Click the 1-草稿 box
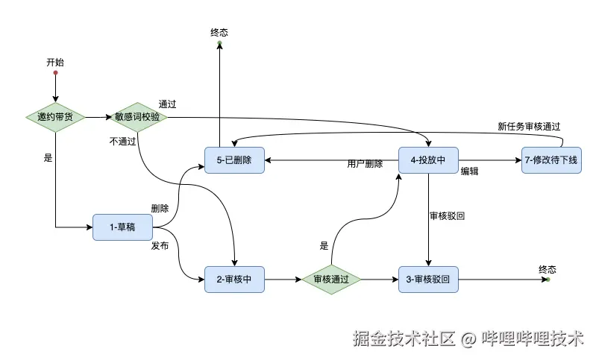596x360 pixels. (x=122, y=227)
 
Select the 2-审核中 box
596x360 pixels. (x=234, y=280)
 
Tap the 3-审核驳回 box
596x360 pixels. (x=427, y=280)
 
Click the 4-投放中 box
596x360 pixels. (x=427, y=160)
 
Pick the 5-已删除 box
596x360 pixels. (x=234, y=160)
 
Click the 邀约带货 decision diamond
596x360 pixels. (x=55, y=117)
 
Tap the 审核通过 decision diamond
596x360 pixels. (x=331, y=280)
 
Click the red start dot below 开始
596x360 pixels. (x=55, y=73)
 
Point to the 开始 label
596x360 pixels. (x=55, y=63)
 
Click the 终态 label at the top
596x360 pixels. (x=219, y=34)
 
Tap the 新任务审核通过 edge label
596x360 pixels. (x=529, y=127)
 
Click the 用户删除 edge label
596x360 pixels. (x=365, y=164)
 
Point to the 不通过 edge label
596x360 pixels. (x=122, y=140)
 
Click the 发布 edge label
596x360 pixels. (x=160, y=245)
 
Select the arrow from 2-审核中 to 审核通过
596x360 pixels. (x=283, y=280)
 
